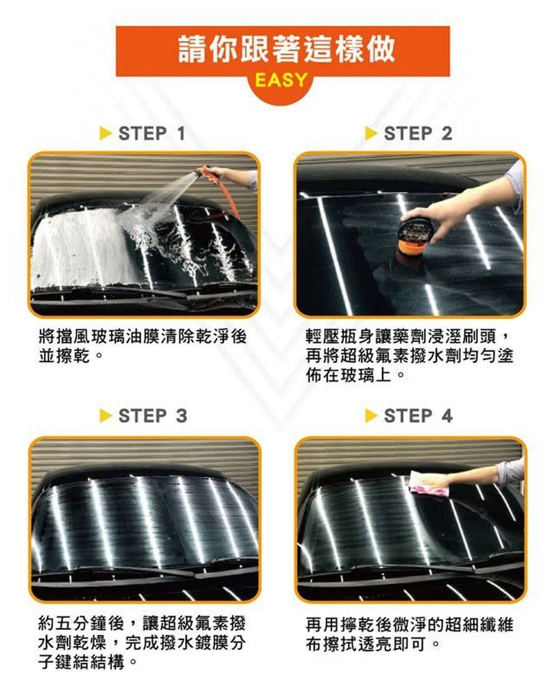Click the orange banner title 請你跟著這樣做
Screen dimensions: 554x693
tap(286, 49)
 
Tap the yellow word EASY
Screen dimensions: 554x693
tap(281, 80)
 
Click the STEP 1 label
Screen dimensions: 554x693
tap(152, 133)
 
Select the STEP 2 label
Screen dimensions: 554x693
tap(418, 133)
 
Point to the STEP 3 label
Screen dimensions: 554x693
tap(152, 416)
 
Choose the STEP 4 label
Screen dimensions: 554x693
tap(418, 416)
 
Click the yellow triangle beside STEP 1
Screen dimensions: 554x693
tap(106, 133)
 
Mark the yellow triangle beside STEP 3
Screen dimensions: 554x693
tap(106, 416)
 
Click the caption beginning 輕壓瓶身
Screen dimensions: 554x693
tap(409, 355)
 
